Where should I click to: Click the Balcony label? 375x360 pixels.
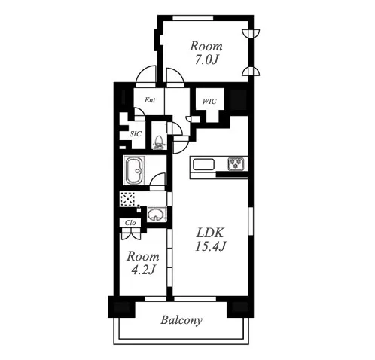[181, 320]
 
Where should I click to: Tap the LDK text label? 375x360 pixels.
[210, 233]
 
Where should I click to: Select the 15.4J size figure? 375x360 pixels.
[211, 246]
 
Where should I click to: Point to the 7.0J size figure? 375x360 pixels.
[206, 59]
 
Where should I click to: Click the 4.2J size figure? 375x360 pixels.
[143, 270]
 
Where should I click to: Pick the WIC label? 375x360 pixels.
[209, 102]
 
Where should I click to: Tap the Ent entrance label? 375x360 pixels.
[150, 100]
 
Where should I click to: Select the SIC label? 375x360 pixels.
[136, 134]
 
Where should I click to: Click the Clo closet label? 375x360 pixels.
[130, 223]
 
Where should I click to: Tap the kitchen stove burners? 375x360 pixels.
[236, 163]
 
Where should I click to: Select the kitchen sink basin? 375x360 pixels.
[203, 165]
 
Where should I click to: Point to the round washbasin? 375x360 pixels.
[156, 215]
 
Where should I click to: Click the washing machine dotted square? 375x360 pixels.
[128, 199]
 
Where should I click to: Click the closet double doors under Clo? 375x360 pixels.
[131, 236]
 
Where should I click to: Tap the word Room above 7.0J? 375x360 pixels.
[206, 46]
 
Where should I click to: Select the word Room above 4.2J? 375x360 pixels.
[143, 256]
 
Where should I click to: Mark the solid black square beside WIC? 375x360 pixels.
[238, 99]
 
